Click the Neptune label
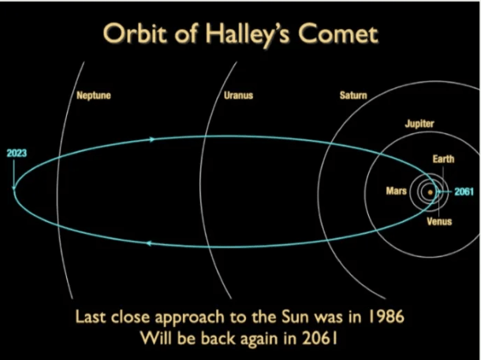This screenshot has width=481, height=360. (x=94, y=95)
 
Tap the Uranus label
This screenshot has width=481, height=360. (x=238, y=95)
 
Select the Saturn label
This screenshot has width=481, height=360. (x=353, y=95)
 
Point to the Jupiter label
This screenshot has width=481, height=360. (x=419, y=124)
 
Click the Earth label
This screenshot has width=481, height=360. (x=443, y=159)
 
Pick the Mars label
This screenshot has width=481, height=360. (x=396, y=191)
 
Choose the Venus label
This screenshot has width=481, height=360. (x=439, y=221)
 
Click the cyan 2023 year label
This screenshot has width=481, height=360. (x=17, y=153)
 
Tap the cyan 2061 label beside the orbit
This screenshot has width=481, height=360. (x=464, y=191)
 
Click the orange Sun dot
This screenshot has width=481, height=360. (x=430, y=192)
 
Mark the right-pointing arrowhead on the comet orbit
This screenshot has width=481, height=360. (x=152, y=139)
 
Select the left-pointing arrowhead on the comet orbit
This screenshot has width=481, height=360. (x=149, y=243)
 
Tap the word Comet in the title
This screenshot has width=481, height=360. (x=338, y=34)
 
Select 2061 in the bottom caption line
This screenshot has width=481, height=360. (x=319, y=338)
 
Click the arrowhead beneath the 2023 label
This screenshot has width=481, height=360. (x=14, y=187)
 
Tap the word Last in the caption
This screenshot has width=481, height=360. (x=91, y=317)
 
